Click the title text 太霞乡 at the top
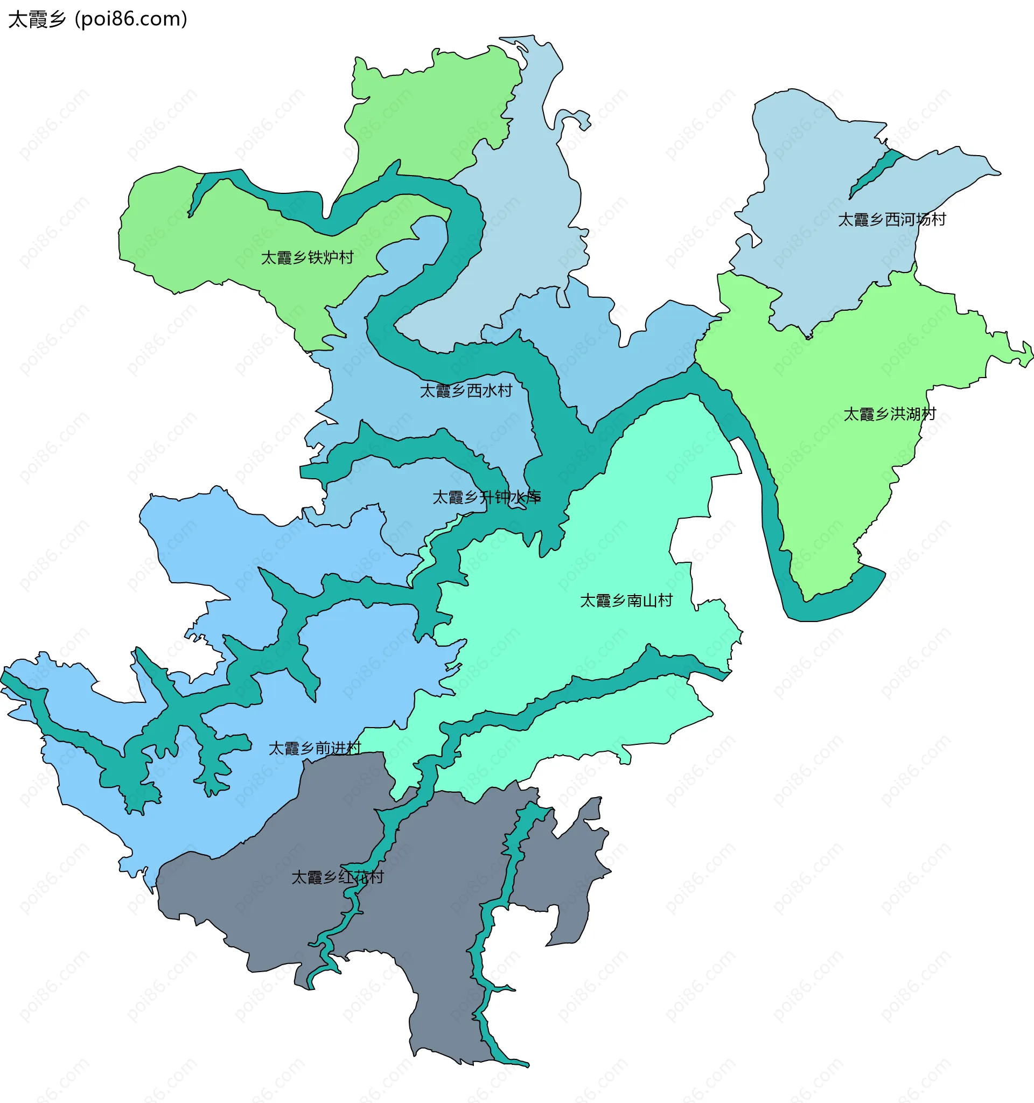click(x=37, y=19)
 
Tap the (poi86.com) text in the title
click(x=131, y=19)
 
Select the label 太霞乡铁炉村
click(x=307, y=258)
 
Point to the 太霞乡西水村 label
click(x=466, y=391)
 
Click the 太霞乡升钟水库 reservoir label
click(x=486, y=497)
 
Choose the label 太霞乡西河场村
click(x=891, y=220)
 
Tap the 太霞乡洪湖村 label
click(x=890, y=415)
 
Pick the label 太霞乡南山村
click(x=626, y=601)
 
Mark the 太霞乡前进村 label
click(x=315, y=749)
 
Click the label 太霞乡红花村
click(x=337, y=877)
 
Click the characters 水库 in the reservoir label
click(x=525, y=497)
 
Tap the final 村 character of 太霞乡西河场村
click(x=939, y=220)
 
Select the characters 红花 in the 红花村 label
click(x=353, y=877)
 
